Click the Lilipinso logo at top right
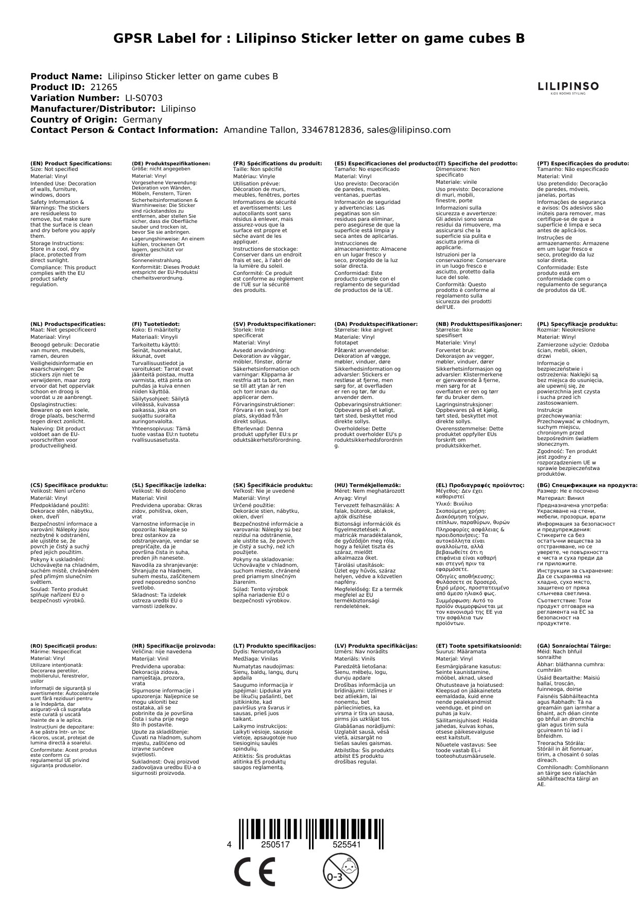(x=568, y=88)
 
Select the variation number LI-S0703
(x=144, y=98)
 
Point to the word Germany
(x=142, y=119)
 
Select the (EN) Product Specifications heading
(x=71, y=164)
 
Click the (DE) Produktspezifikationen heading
(x=171, y=164)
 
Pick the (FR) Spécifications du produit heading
(x=278, y=164)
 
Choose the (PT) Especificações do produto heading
(x=583, y=164)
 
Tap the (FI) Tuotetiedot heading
(x=156, y=324)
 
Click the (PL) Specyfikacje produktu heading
(x=577, y=324)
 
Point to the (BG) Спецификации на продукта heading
(x=587, y=485)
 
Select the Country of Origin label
(x=74, y=119)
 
